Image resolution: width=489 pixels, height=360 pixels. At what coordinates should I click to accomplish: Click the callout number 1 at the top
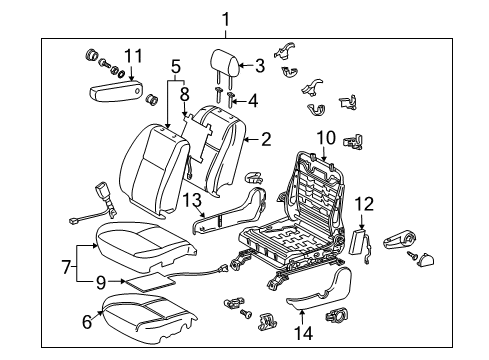[x=226, y=17]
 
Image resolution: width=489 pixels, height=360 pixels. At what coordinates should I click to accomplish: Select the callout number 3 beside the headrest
[x=260, y=67]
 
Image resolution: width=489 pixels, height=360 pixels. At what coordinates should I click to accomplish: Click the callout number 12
[x=365, y=204]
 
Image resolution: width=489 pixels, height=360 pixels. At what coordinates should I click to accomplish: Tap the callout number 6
[x=87, y=321]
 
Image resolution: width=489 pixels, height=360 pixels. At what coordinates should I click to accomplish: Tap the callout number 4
[x=253, y=100]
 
